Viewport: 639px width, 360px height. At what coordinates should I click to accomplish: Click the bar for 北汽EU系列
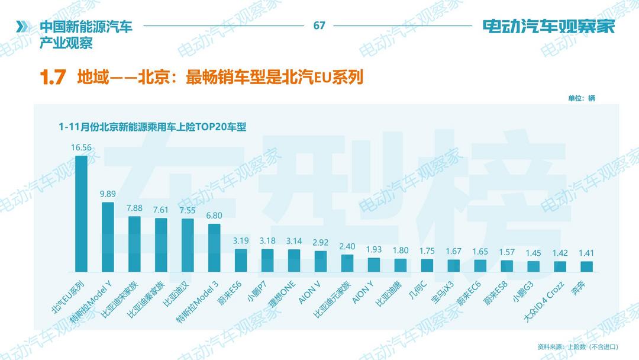pos(81,212)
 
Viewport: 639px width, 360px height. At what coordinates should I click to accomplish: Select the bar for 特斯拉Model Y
pos(108,236)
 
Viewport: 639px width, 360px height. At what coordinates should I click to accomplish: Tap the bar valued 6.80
pos(214,246)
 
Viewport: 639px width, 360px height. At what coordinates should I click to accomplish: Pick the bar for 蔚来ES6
pos(241,259)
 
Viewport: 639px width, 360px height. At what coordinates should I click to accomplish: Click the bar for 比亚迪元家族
pos(347,262)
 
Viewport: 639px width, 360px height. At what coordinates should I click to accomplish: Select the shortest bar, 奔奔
pos(586,265)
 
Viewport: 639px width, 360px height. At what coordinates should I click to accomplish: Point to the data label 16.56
pos(81,147)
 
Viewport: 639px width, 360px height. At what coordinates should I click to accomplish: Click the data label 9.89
pos(108,194)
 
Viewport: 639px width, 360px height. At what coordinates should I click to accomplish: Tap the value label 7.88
pos(134,208)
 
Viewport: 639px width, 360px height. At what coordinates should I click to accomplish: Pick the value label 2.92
pos(321,242)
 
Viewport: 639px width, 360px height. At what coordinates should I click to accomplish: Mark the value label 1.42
pos(560,253)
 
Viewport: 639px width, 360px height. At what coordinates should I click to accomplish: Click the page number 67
pos(319,25)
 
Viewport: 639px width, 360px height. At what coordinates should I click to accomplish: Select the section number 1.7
pos(52,78)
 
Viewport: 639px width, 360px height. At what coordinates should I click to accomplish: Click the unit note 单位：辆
pos(581,98)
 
